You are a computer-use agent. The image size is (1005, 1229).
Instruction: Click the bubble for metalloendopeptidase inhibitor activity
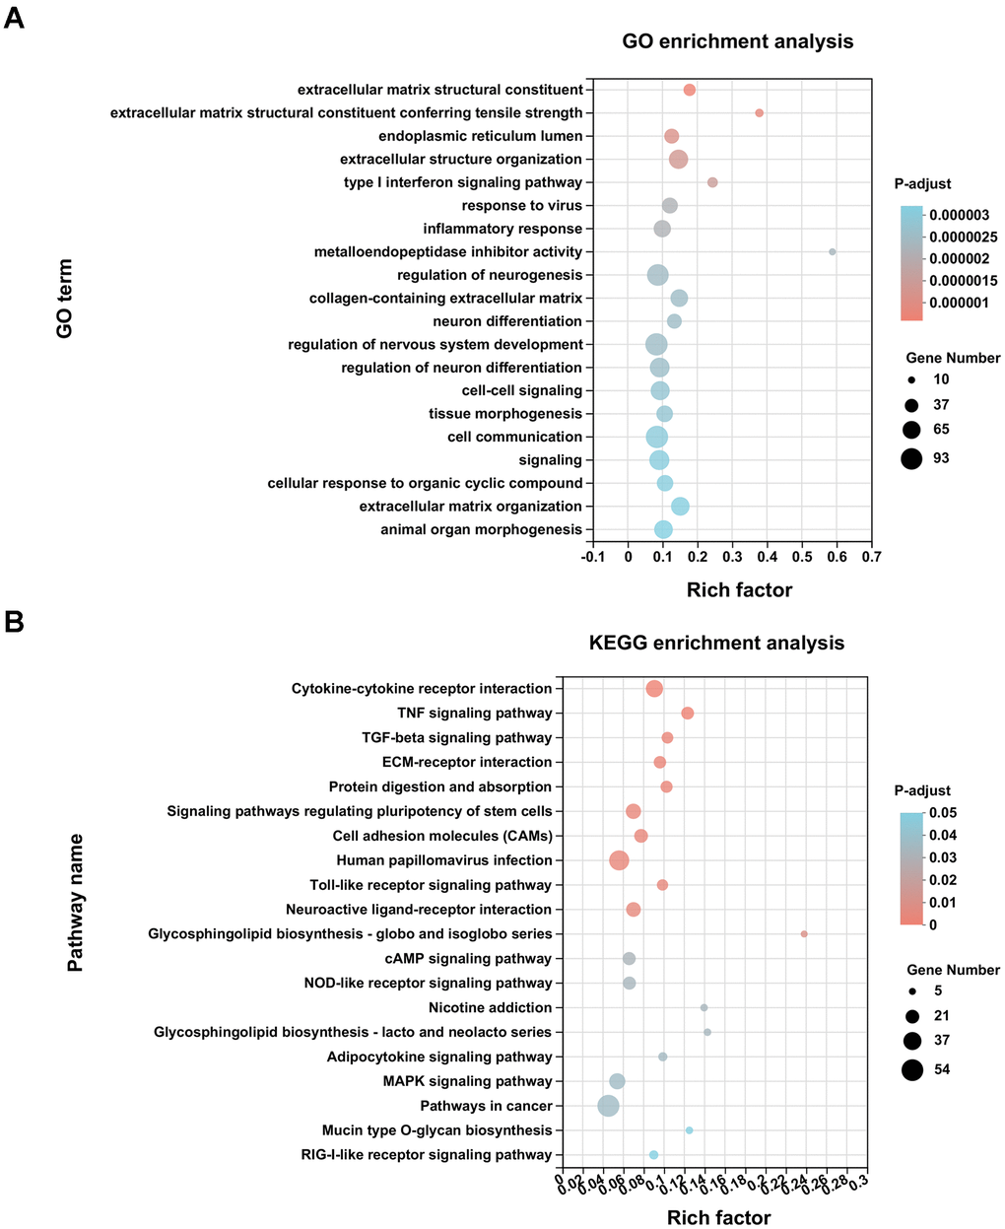pyautogui.click(x=833, y=252)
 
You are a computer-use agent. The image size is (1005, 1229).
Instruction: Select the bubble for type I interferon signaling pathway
pyautogui.click(x=712, y=182)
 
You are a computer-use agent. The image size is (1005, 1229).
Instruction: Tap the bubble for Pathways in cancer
pyautogui.click(x=609, y=1106)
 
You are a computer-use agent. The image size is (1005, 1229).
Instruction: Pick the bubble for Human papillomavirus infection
pyautogui.click(x=619, y=860)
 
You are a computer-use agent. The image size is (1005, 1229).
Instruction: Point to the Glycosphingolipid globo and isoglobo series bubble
pyautogui.click(x=804, y=933)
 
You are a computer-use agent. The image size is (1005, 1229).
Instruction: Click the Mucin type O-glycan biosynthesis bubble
pyautogui.click(x=689, y=1130)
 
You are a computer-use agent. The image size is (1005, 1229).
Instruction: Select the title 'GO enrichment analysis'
pyautogui.click(x=737, y=41)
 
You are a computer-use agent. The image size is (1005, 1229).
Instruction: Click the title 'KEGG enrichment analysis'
pyautogui.click(x=716, y=643)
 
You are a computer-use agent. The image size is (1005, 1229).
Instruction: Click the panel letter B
pyautogui.click(x=14, y=623)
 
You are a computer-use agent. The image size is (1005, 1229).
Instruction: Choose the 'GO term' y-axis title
pyautogui.click(x=65, y=299)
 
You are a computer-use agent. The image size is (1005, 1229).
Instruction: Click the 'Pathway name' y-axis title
pyautogui.click(x=75, y=903)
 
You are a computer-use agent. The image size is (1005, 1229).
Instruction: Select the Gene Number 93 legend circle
pyautogui.click(x=911, y=458)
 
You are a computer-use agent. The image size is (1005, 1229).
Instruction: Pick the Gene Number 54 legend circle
pyautogui.click(x=911, y=1069)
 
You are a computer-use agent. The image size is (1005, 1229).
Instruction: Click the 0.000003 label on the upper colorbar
pyautogui.click(x=962, y=215)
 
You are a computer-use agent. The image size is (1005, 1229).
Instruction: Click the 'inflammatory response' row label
pyautogui.click(x=502, y=229)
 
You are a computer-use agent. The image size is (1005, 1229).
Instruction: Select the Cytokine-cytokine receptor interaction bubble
pyautogui.click(x=653, y=689)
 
